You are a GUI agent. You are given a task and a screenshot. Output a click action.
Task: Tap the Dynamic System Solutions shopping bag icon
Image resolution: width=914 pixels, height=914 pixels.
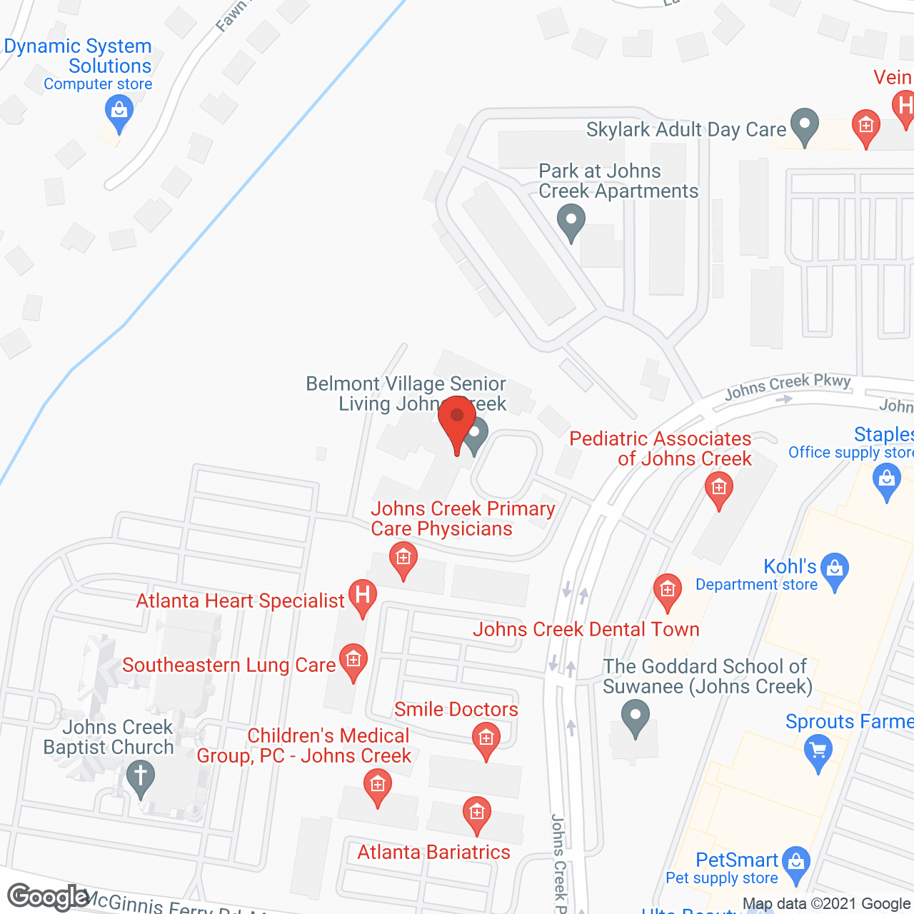[x=119, y=112]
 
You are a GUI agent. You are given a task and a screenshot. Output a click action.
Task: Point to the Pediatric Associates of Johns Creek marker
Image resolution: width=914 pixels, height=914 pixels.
[x=719, y=489]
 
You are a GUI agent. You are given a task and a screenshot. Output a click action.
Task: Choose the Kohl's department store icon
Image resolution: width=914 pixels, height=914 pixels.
[x=834, y=569]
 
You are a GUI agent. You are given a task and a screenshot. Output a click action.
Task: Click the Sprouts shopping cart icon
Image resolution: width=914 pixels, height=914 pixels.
[x=818, y=752]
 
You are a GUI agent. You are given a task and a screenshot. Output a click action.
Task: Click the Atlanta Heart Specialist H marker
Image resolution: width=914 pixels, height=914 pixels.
[x=363, y=596]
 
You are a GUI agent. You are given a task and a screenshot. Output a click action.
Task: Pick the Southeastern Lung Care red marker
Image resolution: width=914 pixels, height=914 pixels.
[x=353, y=660]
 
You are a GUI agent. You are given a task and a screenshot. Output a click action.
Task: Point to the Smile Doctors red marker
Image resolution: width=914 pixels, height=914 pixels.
[x=486, y=738]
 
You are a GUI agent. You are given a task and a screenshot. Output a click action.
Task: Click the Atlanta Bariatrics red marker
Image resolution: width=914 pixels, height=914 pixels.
[x=477, y=813]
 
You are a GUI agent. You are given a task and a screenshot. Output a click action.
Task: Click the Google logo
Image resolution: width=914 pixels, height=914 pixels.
[x=48, y=897]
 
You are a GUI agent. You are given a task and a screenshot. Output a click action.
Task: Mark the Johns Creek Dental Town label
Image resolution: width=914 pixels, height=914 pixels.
[x=586, y=629]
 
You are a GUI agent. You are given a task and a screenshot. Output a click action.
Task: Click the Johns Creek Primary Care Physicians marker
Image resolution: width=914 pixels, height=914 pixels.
[x=403, y=558]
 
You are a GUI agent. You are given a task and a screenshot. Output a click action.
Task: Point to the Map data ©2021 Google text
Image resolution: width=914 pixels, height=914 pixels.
[x=826, y=904]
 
